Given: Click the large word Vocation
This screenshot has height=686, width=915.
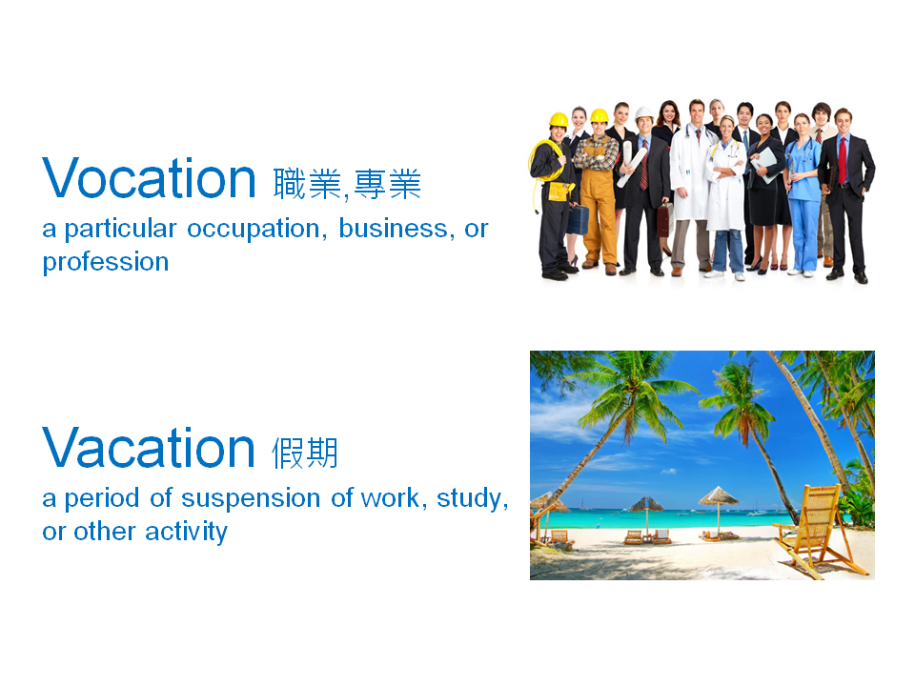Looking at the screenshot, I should pyautogui.click(x=149, y=179).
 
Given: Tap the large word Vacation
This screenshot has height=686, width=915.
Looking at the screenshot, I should pyautogui.click(x=148, y=448).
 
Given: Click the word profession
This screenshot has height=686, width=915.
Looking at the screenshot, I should pyautogui.click(x=105, y=262).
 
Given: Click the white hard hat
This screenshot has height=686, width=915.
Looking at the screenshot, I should pyautogui.click(x=645, y=113).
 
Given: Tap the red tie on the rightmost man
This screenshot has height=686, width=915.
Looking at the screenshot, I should pyautogui.click(x=842, y=158).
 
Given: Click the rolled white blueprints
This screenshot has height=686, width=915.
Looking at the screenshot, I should pyautogui.click(x=630, y=166).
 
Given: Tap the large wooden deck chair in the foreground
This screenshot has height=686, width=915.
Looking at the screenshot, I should pyautogui.click(x=821, y=529).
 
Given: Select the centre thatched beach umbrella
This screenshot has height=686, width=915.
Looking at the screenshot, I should pyautogui.click(x=718, y=496).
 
